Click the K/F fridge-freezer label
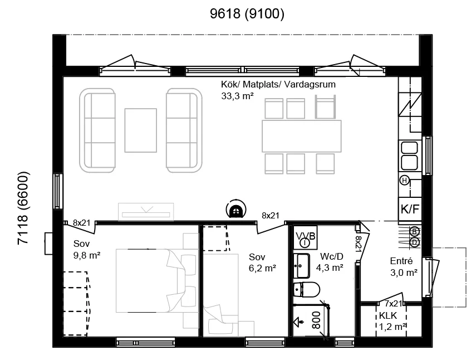coord(410,209)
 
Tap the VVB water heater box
coord(305,237)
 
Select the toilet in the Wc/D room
coord(307,290)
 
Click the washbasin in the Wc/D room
coord(301,266)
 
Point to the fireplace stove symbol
coord(235,210)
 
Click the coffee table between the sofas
coord(140,130)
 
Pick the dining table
coord(301,136)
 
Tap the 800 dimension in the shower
coord(316,320)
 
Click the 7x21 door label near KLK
coord(393,304)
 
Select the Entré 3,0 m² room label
coord(404,267)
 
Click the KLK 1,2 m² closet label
coord(392,321)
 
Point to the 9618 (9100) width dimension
coord(247,14)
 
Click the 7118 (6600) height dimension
coord(24,208)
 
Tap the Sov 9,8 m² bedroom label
coord(87,250)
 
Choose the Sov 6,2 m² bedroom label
coord(262,262)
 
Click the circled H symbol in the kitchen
coord(404,181)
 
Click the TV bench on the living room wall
coord(146,211)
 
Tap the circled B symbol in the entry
coord(414,231)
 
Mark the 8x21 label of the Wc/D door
coord(358,244)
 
